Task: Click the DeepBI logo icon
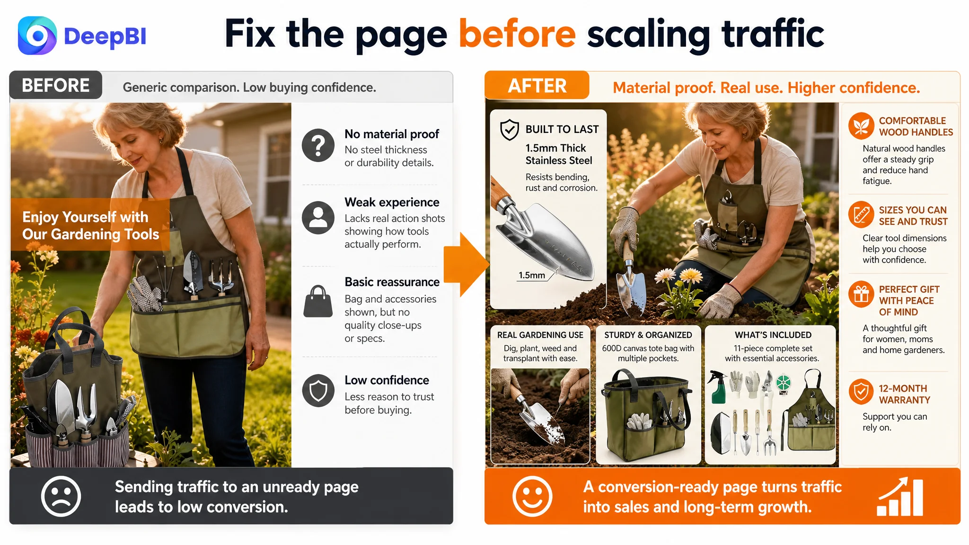[x=37, y=35]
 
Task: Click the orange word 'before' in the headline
[x=517, y=34]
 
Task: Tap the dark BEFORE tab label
[x=56, y=85]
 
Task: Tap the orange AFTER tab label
[x=537, y=86]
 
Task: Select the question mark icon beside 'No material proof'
[x=318, y=145]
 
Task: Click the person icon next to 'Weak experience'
[x=318, y=218]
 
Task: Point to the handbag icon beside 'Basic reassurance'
[x=318, y=301]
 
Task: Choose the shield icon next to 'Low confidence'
[x=318, y=391]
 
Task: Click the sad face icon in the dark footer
[x=61, y=496]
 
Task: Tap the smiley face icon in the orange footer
[x=532, y=496]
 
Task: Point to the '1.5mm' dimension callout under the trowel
[x=532, y=275]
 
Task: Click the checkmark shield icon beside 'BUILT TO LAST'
[x=510, y=130]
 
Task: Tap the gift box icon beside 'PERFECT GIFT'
[x=861, y=294]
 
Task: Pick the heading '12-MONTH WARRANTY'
[x=904, y=394]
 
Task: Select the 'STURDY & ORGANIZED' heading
[x=648, y=335]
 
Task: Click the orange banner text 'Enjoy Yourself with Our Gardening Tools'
[x=90, y=225]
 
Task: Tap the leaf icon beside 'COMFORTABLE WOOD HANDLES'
[x=861, y=126]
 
